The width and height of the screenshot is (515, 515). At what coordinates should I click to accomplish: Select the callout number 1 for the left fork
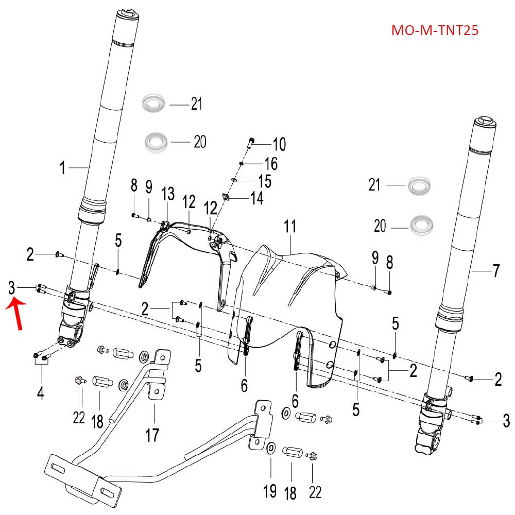coord(63,168)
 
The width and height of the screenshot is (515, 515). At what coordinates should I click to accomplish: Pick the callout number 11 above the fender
coord(290,226)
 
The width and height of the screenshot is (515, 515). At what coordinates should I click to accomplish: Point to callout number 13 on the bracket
coord(168,194)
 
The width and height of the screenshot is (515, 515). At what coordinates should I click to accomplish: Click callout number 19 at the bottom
coord(270,491)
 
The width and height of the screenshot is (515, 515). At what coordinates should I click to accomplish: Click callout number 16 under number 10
coord(270,164)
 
